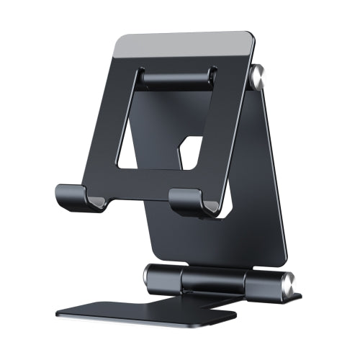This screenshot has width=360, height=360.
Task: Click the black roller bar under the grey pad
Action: click(x=176, y=77)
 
